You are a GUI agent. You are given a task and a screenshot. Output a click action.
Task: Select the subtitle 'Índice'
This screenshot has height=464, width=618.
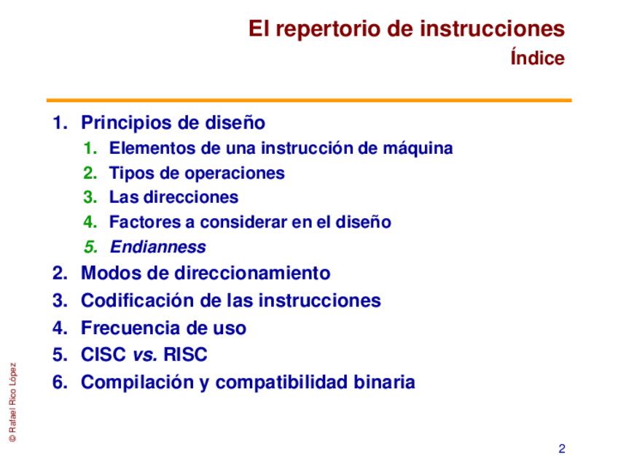point(538,57)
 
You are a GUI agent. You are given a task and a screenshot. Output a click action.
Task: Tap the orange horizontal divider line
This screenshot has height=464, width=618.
point(309,101)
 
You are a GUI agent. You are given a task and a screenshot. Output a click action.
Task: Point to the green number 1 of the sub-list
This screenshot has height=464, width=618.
point(90,148)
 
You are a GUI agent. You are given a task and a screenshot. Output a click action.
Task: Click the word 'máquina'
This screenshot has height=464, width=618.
point(418,149)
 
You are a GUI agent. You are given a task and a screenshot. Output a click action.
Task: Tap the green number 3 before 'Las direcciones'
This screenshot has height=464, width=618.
point(90,197)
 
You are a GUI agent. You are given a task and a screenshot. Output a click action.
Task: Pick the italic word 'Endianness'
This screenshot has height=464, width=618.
point(158,247)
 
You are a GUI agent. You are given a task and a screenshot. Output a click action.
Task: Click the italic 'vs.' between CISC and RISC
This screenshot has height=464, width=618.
point(145,355)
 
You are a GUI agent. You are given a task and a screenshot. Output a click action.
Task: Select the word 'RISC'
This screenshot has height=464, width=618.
point(185,355)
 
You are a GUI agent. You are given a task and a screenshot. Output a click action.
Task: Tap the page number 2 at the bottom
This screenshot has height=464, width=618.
point(562,449)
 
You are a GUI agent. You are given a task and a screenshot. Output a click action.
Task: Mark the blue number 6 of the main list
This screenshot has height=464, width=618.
point(60,382)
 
